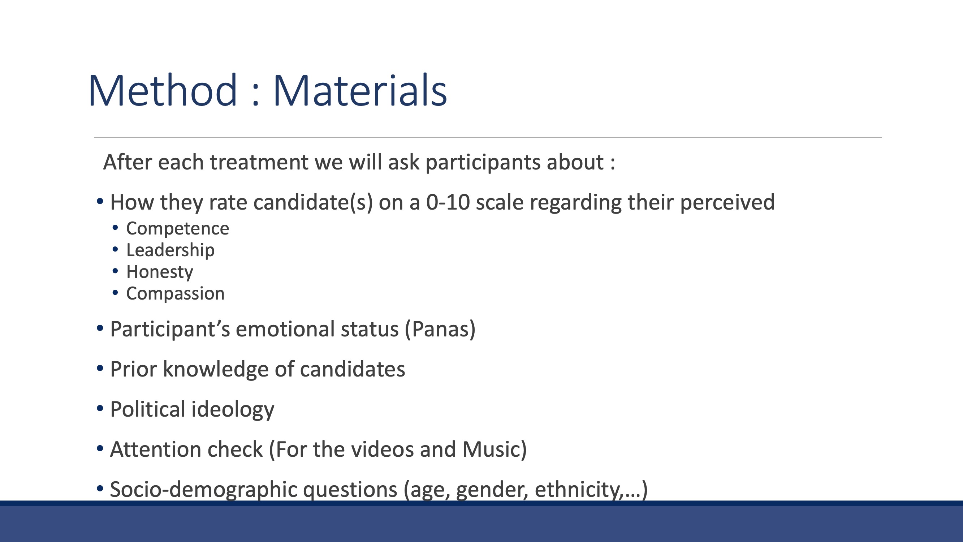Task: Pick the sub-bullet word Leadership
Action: (x=170, y=250)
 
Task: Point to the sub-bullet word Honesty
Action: (x=160, y=272)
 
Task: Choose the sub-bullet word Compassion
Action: (x=175, y=293)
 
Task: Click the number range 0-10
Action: (x=448, y=202)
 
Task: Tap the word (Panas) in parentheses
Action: (x=440, y=329)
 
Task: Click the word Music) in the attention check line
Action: (x=494, y=449)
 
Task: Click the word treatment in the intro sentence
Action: (x=259, y=162)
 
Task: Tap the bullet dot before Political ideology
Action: (x=100, y=408)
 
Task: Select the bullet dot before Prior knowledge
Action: (x=100, y=369)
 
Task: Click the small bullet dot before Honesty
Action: (x=115, y=271)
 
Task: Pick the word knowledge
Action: (x=216, y=370)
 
